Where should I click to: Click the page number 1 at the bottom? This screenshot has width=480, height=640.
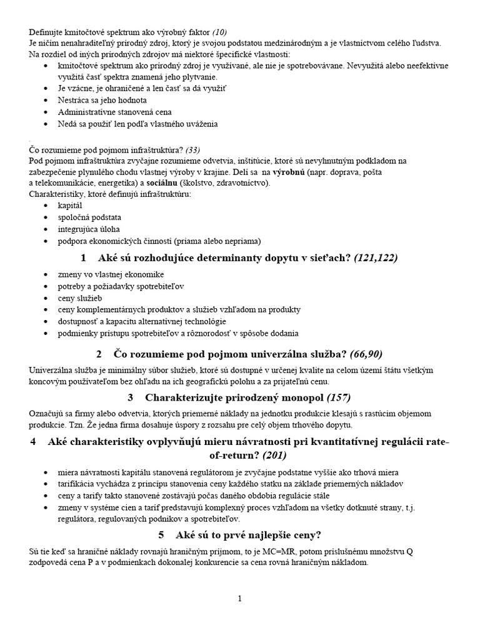pyautogui.click(x=239, y=599)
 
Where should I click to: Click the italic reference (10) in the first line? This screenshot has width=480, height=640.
pyautogui.click(x=223, y=32)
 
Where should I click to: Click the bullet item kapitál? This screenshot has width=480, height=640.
pyautogui.click(x=70, y=205)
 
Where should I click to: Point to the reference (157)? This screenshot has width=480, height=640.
pyautogui.click(x=339, y=397)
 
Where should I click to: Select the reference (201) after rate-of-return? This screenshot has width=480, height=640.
pyautogui.click(x=282, y=454)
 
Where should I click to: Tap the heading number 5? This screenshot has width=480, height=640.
pyautogui.click(x=161, y=534)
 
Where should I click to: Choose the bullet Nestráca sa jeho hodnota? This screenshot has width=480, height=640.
pyautogui.click(x=102, y=100)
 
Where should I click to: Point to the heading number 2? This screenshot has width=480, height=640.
pyautogui.click(x=99, y=354)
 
